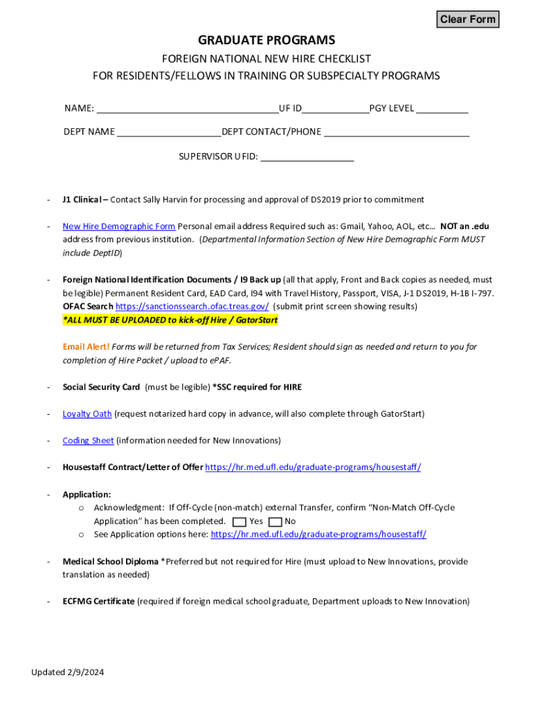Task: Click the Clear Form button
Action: (x=468, y=19)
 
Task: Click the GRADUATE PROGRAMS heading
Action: (x=266, y=40)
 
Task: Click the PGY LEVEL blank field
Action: (x=442, y=108)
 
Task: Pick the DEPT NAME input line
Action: (x=169, y=132)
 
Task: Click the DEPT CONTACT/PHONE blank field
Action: (x=397, y=132)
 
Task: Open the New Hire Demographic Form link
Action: (x=119, y=226)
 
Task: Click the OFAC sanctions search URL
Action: (x=192, y=307)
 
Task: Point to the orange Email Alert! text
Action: (x=86, y=347)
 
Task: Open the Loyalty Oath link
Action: (x=87, y=414)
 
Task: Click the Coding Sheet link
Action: (x=88, y=440)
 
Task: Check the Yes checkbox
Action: (x=240, y=521)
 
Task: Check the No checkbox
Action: (x=275, y=521)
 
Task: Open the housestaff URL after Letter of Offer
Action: (x=313, y=467)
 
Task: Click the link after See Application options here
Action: (x=318, y=535)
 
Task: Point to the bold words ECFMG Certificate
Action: (x=98, y=602)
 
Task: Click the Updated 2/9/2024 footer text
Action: (x=67, y=672)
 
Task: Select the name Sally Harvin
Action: (x=166, y=200)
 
